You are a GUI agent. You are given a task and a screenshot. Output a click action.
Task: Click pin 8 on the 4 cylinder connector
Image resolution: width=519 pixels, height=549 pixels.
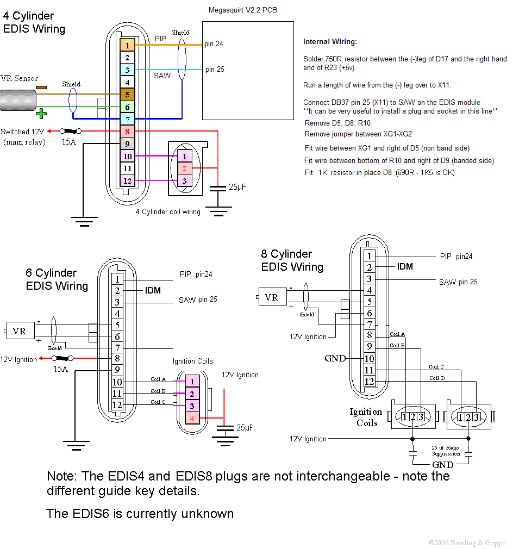click(127, 131)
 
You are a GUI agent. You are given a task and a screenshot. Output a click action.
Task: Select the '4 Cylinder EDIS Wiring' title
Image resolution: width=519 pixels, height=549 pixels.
click(34, 23)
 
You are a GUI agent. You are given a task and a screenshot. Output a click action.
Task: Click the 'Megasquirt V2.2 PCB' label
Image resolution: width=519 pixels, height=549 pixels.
click(242, 10)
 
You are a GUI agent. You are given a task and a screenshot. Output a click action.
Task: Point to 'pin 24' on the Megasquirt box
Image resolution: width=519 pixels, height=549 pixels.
click(214, 44)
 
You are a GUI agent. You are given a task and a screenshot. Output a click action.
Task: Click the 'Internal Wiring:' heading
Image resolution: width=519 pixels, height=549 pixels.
click(330, 42)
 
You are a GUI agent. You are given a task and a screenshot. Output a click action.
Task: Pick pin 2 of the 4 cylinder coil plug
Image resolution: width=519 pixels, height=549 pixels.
click(184, 169)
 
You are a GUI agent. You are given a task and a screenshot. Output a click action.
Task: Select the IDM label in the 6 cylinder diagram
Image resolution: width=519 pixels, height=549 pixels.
click(153, 290)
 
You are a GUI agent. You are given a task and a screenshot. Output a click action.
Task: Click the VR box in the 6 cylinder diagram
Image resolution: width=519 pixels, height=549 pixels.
click(19, 330)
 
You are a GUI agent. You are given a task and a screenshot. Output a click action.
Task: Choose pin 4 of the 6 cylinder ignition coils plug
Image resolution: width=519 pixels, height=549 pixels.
click(192, 418)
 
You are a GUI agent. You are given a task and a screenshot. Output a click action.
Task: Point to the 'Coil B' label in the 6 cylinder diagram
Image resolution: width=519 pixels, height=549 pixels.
click(158, 391)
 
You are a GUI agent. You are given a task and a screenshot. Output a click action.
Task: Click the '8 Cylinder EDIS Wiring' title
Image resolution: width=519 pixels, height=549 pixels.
click(292, 260)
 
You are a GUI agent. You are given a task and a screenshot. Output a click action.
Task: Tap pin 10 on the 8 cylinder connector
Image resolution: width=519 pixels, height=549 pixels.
click(369, 359)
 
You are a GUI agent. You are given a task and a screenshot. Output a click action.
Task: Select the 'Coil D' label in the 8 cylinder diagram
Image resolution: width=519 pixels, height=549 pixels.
click(436, 378)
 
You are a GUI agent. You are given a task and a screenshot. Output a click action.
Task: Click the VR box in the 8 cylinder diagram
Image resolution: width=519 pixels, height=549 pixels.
click(272, 297)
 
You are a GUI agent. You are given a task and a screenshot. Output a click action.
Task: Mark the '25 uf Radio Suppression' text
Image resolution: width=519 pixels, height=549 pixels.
click(446, 451)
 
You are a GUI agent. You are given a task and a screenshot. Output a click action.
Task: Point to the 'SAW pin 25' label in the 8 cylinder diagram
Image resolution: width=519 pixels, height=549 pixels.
click(458, 282)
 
